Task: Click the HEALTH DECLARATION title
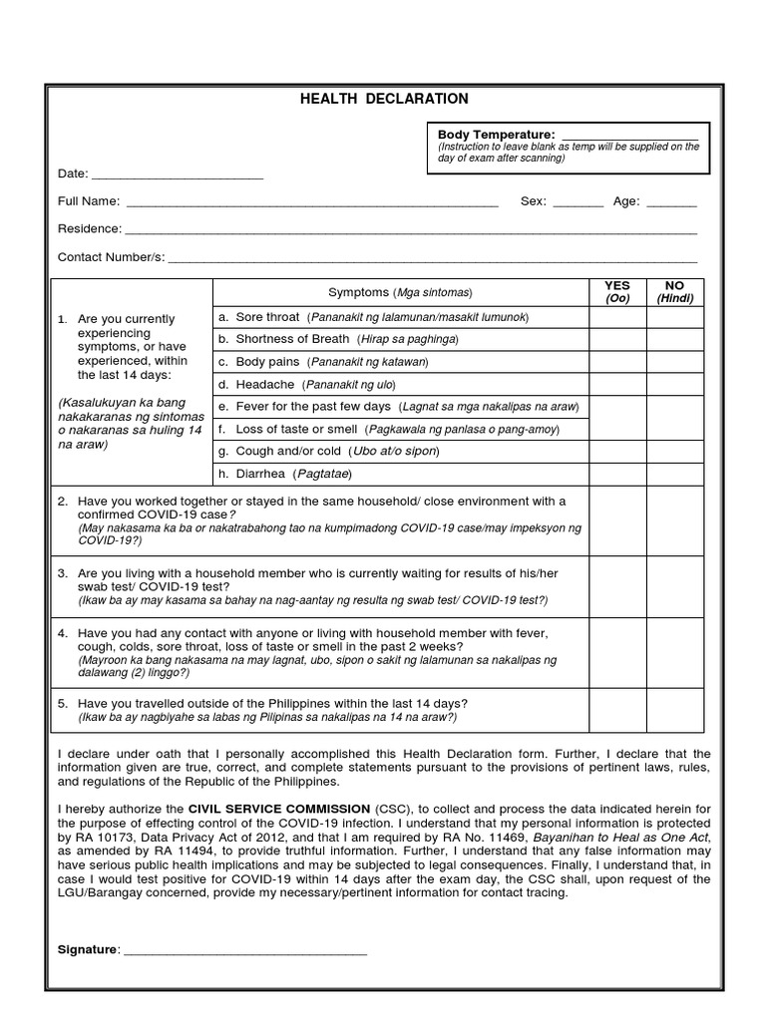[384, 99]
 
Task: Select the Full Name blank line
[311, 203]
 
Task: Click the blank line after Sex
[577, 203]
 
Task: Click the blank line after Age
[671, 203]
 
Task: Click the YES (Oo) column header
[616, 292]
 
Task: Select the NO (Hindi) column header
[674, 292]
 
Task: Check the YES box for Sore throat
[616, 317]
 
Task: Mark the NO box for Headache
[674, 384]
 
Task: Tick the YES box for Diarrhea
[616, 474]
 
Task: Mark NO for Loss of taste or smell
[674, 429]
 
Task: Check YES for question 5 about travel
[616, 710]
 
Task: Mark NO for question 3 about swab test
[674, 587]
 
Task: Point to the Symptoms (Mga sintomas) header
[400, 292]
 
